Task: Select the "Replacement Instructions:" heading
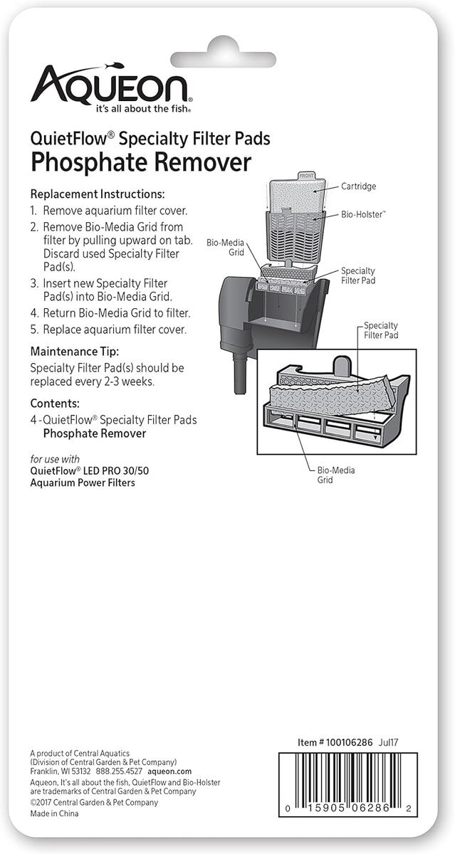[x=98, y=194]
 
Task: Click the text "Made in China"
[x=55, y=813]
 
